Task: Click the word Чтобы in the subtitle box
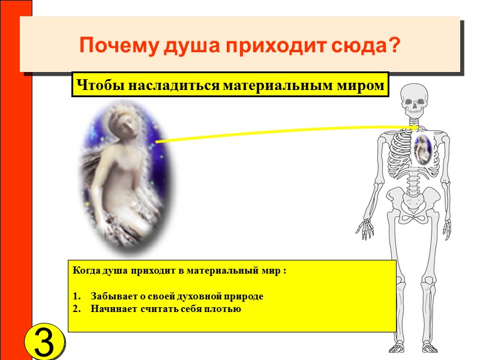(x=93, y=86)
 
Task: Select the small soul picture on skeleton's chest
(x=424, y=150)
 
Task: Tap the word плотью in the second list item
(x=223, y=309)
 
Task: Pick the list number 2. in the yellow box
(x=77, y=309)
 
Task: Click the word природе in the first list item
(x=243, y=296)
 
